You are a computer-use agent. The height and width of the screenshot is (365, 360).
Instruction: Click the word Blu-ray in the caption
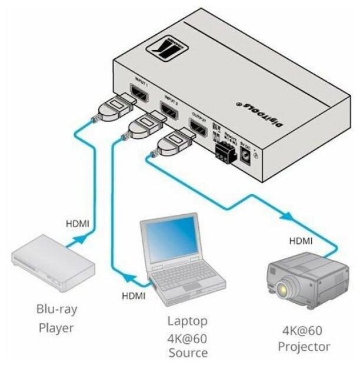(57, 308)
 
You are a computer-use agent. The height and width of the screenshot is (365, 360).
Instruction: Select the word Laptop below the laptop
(187, 321)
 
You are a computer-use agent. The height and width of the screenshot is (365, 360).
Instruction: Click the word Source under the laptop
(187, 353)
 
